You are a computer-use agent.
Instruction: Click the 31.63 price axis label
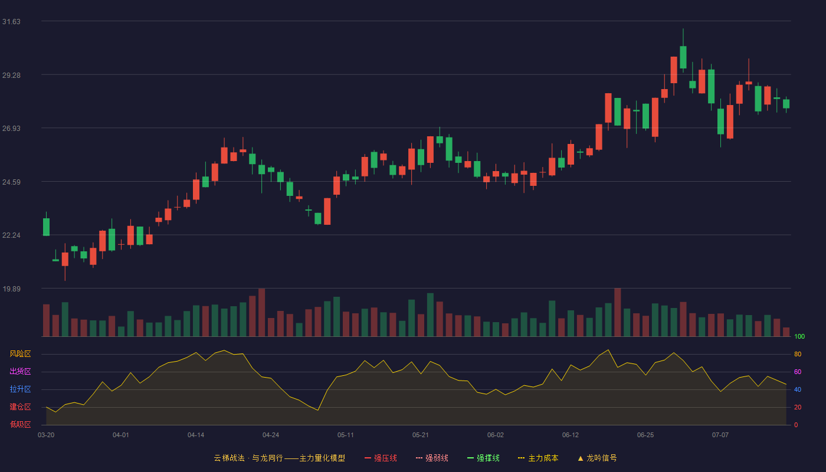tap(11, 22)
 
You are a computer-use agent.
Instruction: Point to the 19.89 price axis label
tap(11, 289)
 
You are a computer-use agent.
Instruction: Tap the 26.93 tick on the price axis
tap(11, 129)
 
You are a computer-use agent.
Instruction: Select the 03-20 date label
tap(46, 435)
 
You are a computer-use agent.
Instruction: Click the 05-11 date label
tap(346, 435)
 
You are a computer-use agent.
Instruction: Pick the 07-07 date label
tap(720, 435)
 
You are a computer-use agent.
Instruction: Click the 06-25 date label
tap(645, 435)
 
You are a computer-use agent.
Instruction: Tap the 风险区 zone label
tap(20, 354)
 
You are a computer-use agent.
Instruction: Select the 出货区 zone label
tap(20, 371)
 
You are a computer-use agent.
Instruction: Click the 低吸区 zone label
tap(20, 424)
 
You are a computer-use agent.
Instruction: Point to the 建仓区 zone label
tap(20, 407)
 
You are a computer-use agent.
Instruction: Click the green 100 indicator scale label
tap(799, 336)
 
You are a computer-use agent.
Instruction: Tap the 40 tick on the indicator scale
tap(798, 389)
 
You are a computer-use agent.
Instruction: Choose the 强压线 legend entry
tap(381, 458)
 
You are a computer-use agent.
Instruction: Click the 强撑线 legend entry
tap(483, 458)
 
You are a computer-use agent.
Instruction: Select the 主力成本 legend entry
tap(538, 458)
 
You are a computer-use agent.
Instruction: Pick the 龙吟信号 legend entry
tap(597, 458)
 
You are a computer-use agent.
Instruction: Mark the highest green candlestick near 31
tap(683, 55)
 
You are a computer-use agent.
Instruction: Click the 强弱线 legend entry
tap(432, 458)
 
